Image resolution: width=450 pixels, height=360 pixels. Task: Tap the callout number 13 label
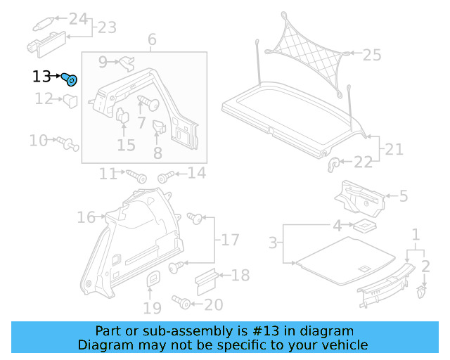(x=41, y=77)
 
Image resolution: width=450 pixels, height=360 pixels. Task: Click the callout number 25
(x=371, y=54)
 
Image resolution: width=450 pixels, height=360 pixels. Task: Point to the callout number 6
(x=152, y=40)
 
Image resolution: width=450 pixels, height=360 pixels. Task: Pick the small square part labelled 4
(x=363, y=226)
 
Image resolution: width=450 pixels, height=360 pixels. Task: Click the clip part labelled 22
(x=335, y=165)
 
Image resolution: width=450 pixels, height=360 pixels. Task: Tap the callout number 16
(x=86, y=218)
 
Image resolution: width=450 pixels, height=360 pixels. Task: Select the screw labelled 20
(x=183, y=303)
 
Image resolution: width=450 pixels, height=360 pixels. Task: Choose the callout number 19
(x=152, y=308)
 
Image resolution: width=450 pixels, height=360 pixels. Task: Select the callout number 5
(x=403, y=196)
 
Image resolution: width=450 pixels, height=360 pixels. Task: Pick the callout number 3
(x=274, y=244)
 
